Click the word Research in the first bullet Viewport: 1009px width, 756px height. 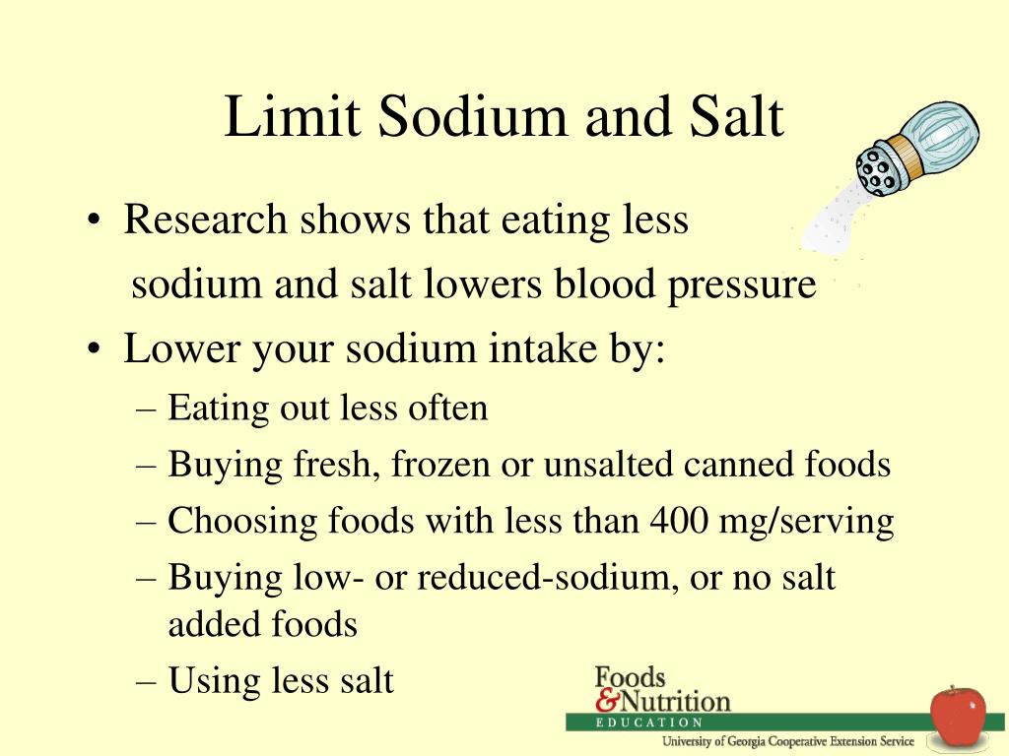point(205,220)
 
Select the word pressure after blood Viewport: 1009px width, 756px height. point(741,285)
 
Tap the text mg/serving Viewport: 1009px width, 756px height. point(806,522)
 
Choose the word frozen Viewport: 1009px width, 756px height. point(440,465)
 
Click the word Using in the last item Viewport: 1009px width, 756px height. point(213,681)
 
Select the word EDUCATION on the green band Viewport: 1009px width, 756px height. point(648,723)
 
